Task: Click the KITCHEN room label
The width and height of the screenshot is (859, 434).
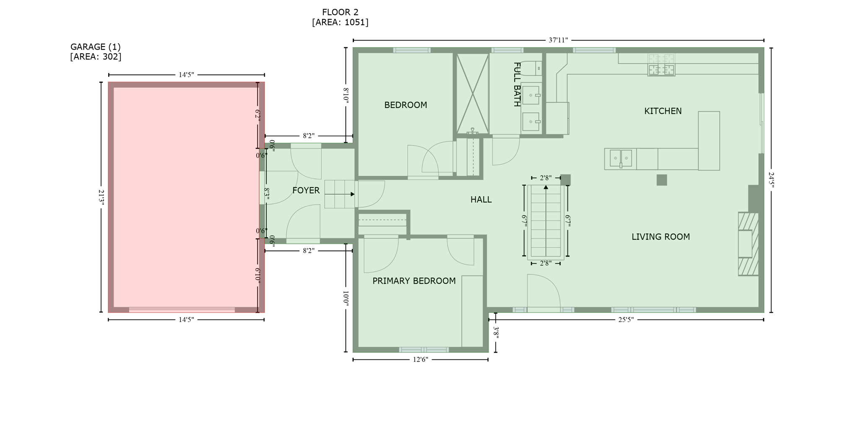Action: (663, 111)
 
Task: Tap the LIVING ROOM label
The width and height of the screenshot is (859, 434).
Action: (661, 237)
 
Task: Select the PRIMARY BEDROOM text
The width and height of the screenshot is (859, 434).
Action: (414, 281)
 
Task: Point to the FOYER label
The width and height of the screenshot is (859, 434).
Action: (306, 191)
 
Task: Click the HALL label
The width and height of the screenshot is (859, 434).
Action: (481, 200)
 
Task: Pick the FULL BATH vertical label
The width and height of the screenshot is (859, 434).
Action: (517, 84)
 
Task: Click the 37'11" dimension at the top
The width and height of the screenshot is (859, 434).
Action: (558, 40)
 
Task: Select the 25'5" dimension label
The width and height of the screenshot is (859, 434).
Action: (626, 320)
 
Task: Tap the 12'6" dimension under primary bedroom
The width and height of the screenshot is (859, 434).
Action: (420, 360)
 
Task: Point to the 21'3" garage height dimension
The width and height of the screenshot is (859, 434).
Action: (101, 197)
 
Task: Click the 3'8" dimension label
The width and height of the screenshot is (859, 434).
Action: (496, 332)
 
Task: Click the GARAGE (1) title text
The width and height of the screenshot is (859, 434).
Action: (96, 47)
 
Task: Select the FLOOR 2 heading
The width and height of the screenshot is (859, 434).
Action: (340, 13)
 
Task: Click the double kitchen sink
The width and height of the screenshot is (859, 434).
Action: (620, 158)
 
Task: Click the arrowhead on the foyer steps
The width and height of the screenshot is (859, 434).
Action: (353, 194)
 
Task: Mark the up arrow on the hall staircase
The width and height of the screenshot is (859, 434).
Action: (546, 187)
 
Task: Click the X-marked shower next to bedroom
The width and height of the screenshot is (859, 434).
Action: (473, 94)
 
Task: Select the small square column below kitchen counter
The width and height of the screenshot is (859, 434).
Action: (661, 180)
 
